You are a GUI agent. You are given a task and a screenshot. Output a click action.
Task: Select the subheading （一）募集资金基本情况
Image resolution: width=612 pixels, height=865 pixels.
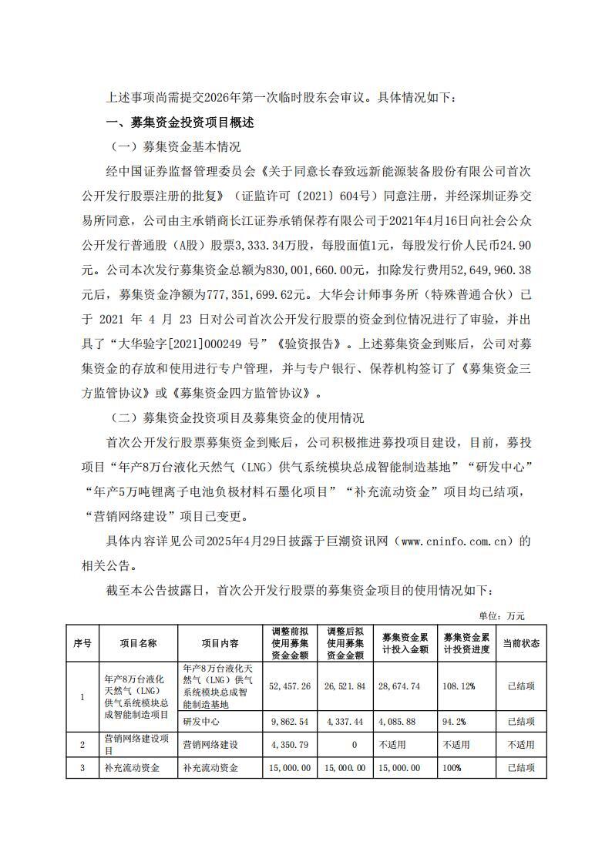[x=177, y=146]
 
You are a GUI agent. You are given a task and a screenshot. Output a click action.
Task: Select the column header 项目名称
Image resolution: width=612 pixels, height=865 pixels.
[x=138, y=643]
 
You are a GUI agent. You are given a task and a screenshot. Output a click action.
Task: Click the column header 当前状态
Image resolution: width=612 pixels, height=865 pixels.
[x=521, y=643]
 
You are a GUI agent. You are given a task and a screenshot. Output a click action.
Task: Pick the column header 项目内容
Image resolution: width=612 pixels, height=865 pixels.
[x=220, y=643]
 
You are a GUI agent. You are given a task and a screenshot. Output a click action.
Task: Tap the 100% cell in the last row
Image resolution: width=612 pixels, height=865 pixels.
[x=452, y=768]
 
